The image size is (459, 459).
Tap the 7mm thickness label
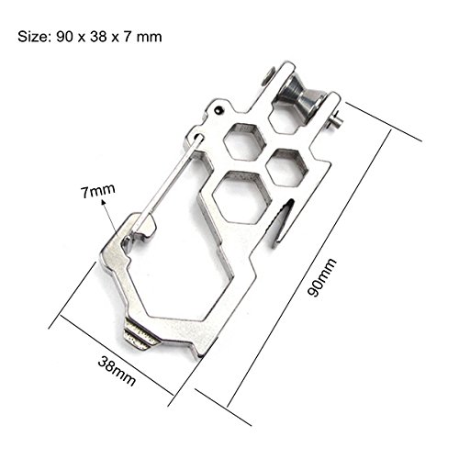coord(98,191)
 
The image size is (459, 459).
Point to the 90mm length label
coord(321,277)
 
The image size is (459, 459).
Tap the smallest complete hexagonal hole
coord(286,167)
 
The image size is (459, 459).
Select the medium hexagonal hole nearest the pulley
coord(244,141)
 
